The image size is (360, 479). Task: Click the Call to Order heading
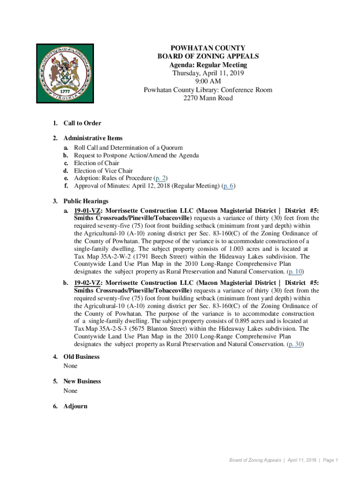tap(82, 123)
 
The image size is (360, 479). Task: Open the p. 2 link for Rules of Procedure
tap(160, 178)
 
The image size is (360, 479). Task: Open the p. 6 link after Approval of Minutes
tap(228, 186)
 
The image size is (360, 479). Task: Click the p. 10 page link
tap(296, 271)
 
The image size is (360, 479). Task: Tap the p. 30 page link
tap(296, 344)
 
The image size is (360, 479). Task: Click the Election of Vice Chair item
tap(103, 171)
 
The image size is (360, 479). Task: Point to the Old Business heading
tap(81, 357)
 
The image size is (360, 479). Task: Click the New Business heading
tap(82, 381)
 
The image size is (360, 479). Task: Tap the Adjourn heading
tap(75, 406)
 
